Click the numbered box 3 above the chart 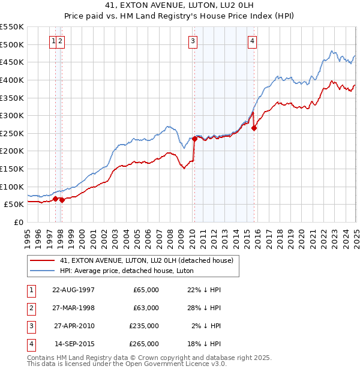pyautogui.click(x=193, y=41)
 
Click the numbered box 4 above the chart pyautogui.click(x=253, y=41)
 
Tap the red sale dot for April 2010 pyautogui.click(x=194, y=139)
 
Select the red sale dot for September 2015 pyautogui.click(x=254, y=128)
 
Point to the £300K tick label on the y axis pyautogui.click(x=12, y=115)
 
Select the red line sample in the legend pyautogui.click(x=43, y=260)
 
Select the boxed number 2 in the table pyautogui.click(x=30, y=308)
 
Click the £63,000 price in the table pyautogui.click(x=146, y=308)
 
